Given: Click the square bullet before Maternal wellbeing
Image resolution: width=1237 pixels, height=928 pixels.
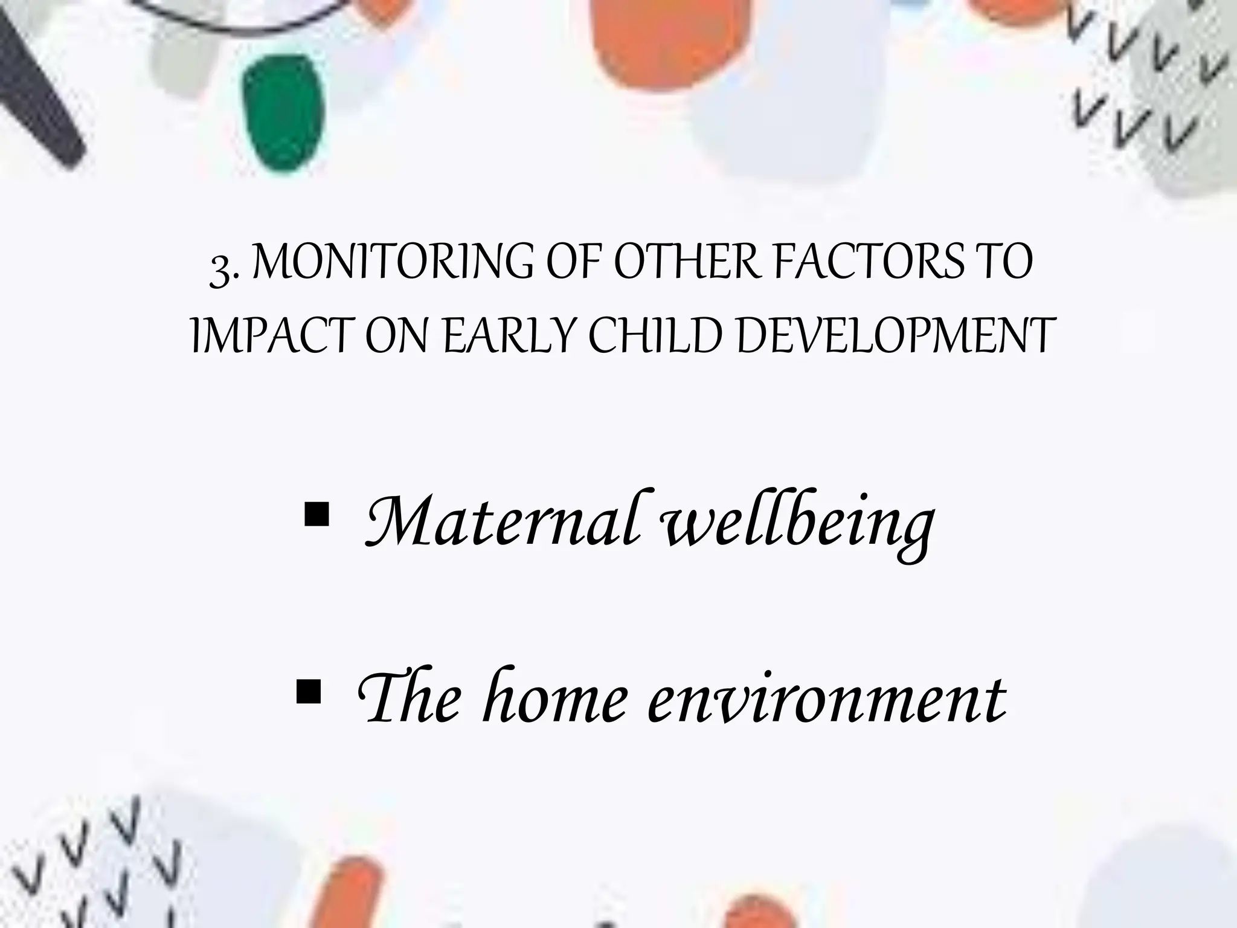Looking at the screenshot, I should (x=316, y=515).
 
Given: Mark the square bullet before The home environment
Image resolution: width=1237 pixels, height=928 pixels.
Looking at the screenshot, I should (x=309, y=692).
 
